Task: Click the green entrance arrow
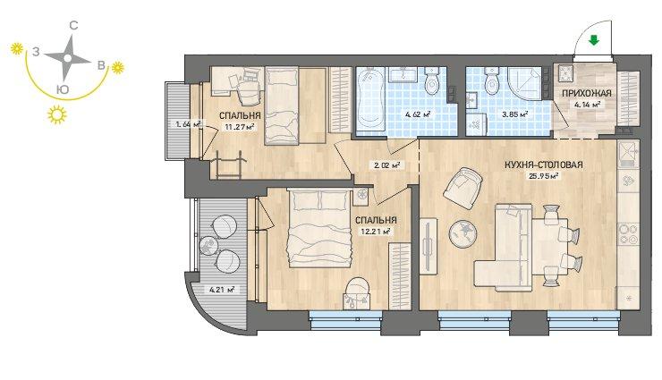594,40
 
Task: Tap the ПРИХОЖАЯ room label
587,94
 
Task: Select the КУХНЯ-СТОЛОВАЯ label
544,165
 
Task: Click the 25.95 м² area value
544,176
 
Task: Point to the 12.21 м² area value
376,231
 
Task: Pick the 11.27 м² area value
239,125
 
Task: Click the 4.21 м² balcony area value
222,290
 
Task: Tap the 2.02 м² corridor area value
386,165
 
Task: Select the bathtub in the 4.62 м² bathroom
369,100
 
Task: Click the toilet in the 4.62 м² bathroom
431,80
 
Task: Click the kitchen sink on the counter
629,154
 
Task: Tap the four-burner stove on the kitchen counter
629,234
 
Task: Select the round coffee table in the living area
463,233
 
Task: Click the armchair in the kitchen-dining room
463,188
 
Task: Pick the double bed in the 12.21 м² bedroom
319,228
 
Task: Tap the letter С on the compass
73,26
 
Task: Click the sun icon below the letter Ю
57,114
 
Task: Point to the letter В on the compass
101,65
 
